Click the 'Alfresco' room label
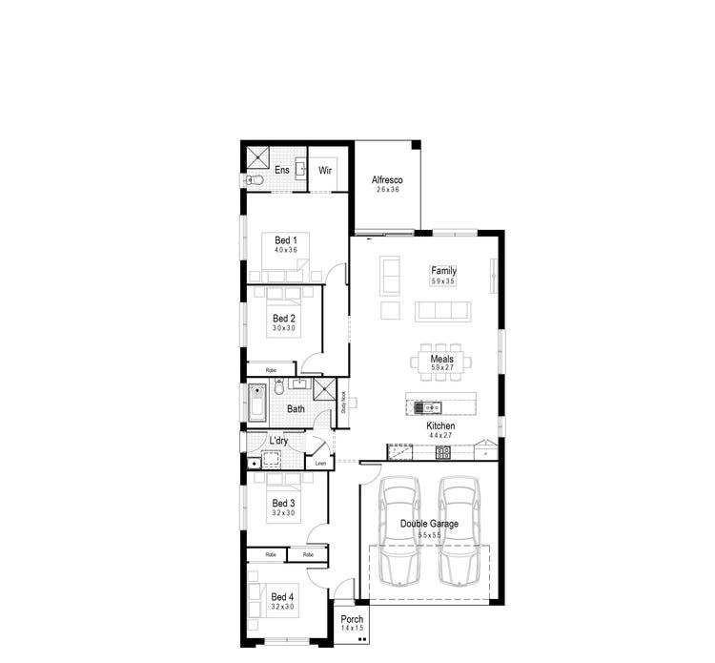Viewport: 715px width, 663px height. pos(387,180)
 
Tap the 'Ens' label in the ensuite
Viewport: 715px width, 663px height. pos(282,170)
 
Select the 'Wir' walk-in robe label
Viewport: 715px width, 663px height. pos(324,171)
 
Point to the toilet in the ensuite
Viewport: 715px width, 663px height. pos(255,179)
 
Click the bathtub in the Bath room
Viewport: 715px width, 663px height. pos(255,403)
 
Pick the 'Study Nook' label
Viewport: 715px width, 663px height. pos(344,402)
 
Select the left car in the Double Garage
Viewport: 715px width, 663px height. pos(399,530)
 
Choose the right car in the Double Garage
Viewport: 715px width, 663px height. pos(459,530)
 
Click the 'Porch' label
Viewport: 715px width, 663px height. pos(352,619)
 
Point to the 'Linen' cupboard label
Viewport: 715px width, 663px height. pos(320,464)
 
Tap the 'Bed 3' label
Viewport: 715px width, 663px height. pos(283,503)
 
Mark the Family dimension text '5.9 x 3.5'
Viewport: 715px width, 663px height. pos(443,282)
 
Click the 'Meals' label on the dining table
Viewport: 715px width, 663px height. pos(441,359)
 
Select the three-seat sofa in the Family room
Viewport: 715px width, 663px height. pos(442,311)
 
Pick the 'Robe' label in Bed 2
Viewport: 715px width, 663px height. pos(271,368)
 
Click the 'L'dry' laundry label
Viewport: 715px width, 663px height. pos(278,441)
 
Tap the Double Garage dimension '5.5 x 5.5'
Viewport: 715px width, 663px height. pos(429,535)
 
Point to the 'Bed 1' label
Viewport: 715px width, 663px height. pos(286,239)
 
